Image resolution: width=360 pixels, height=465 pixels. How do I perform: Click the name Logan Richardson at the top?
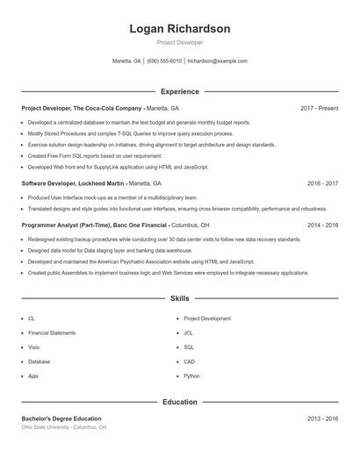click(179, 29)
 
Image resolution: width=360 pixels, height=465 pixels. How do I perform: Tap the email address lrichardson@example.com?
click(217, 61)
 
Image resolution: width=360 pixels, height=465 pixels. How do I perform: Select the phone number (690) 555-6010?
click(164, 61)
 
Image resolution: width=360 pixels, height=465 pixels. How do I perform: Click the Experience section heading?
click(180, 91)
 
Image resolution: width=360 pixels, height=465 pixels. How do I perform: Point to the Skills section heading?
click(180, 299)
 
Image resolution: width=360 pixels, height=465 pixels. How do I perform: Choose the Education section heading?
click(180, 402)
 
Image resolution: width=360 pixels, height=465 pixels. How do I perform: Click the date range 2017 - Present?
click(319, 108)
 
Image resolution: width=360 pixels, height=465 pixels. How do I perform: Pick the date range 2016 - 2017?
click(322, 183)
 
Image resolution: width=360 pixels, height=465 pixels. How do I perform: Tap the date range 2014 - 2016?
click(322, 225)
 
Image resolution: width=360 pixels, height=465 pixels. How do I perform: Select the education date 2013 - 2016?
click(322, 418)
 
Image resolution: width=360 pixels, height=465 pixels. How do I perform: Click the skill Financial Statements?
click(52, 333)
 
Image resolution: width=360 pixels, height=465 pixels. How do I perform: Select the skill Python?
click(191, 376)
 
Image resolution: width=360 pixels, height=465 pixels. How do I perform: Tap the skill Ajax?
click(33, 376)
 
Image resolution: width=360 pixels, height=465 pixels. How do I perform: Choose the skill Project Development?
click(207, 318)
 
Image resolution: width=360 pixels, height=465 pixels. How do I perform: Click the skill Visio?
click(33, 347)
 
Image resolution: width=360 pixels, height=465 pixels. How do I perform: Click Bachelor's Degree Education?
click(61, 418)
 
